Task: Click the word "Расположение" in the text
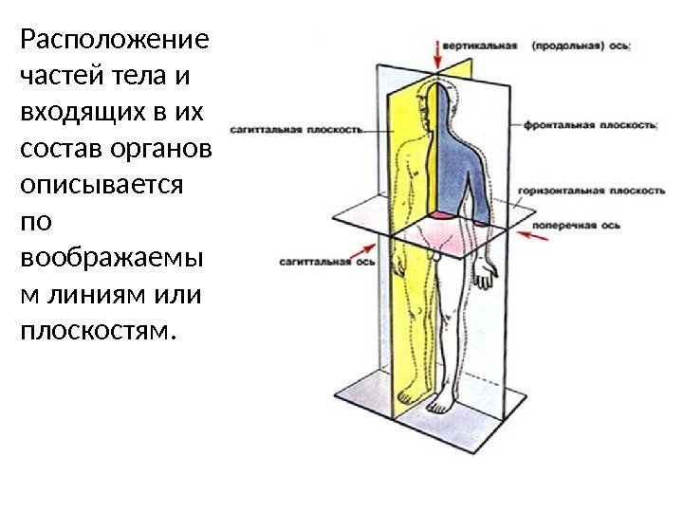point(113,42)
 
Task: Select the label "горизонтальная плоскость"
point(590,191)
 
